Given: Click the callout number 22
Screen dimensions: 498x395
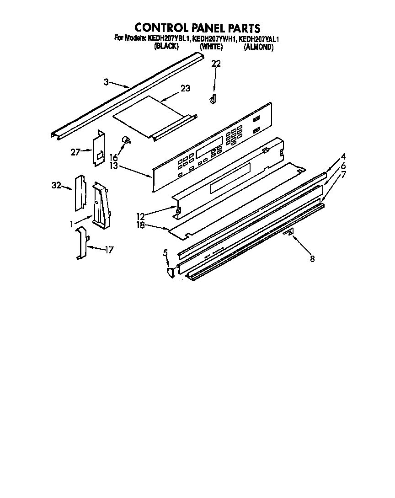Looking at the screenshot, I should [216, 64].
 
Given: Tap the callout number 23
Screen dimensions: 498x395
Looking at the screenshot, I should [185, 88].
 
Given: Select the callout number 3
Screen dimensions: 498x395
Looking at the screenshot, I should [106, 82].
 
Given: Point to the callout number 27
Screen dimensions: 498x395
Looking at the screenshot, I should [76, 152].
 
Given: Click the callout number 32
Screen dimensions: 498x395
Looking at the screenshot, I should [57, 186].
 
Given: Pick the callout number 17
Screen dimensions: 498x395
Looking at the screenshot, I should [109, 250].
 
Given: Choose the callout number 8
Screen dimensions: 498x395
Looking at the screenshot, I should [312, 259].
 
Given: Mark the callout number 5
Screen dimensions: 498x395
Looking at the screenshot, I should [165, 252].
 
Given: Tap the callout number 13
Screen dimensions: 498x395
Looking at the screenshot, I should [113, 165].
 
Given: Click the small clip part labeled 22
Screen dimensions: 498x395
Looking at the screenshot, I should [213, 99].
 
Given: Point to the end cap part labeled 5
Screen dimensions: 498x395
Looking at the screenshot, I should [170, 273].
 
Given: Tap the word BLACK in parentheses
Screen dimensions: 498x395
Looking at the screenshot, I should [166, 47].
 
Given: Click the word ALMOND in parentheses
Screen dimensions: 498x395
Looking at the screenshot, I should [258, 47].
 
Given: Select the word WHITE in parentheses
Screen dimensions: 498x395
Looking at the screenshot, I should [211, 47].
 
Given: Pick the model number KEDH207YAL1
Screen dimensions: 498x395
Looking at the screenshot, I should [259, 39].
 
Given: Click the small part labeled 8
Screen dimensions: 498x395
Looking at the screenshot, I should [288, 232].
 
